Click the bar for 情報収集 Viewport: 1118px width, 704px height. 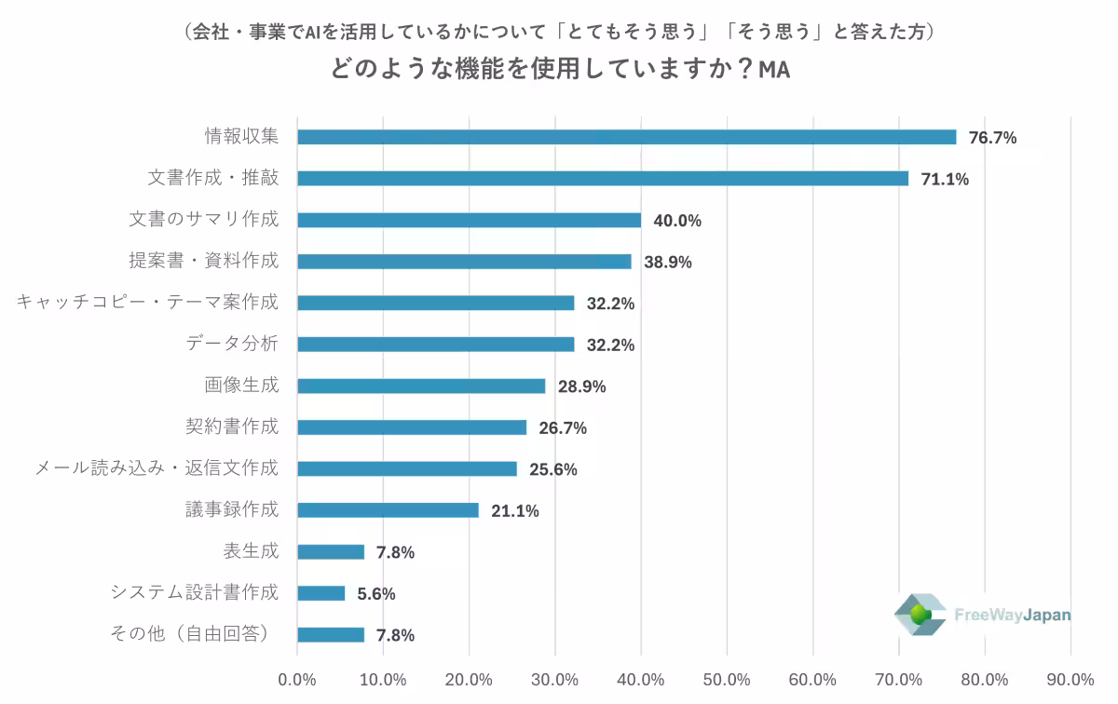[626, 137]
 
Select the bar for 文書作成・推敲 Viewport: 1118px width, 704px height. [602, 178]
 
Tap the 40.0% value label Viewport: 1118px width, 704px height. [677, 221]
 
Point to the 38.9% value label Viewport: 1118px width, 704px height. [667, 262]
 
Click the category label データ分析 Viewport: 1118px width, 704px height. [232, 344]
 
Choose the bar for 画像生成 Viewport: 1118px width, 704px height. [421, 386]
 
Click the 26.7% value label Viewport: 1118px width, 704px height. [563, 427]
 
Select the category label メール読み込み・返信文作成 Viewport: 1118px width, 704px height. [156, 468]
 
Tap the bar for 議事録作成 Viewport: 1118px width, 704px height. [388, 510]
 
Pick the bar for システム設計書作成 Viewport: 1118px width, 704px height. [320, 593]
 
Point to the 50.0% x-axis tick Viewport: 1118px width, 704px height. [727, 679]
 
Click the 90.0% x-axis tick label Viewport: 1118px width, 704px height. [1070, 679]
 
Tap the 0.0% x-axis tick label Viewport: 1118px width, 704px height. [297, 679]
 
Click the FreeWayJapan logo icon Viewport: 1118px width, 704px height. [920, 615]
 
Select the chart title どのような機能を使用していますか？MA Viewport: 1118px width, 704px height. [559, 70]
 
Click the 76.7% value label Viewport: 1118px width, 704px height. [992, 138]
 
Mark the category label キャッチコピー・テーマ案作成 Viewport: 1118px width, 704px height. [147, 303]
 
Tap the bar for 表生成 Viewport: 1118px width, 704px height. [331, 551]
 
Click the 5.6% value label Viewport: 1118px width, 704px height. [376, 593]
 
